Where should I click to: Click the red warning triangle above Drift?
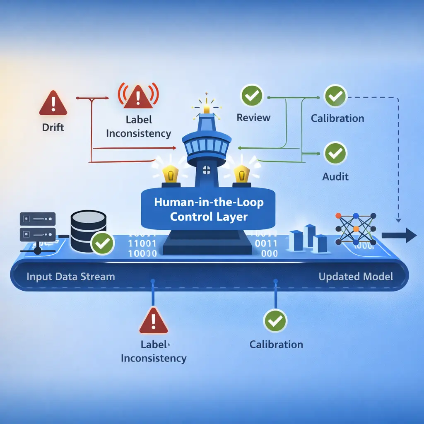[53, 104]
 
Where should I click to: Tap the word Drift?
[53, 128]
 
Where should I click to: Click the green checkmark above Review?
[252, 96]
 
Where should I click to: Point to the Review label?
[253, 118]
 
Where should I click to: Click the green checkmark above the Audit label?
[335, 153]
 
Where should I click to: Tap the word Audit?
[335, 177]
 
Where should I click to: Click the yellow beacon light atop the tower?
[206, 108]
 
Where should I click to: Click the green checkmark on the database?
[102, 243]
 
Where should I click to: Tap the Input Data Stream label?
[70, 277]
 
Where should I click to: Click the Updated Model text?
[355, 277]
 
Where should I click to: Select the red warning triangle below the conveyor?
[153, 321]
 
